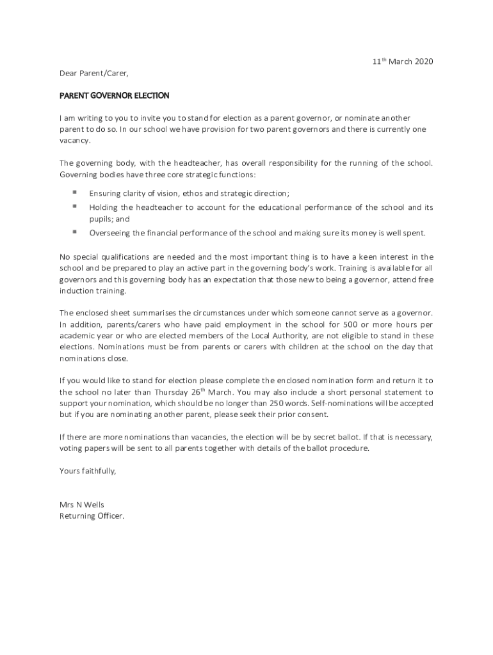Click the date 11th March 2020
coord(403,61)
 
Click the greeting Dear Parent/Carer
coord(90,74)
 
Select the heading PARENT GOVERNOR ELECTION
coord(114,96)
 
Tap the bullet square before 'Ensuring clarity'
coord(75,192)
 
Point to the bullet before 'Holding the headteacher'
coord(75,206)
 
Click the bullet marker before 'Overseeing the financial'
coord(75,232)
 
